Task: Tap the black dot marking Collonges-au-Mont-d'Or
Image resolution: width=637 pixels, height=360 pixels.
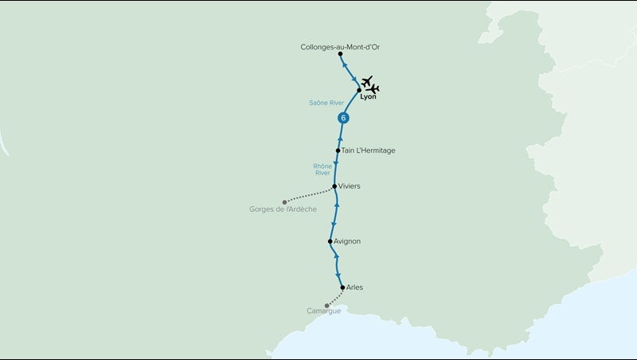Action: click(x=340, y=54)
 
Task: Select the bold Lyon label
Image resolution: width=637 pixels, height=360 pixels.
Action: click(x=367, y=97)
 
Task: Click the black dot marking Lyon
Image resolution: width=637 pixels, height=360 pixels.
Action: click(x=359, y=89)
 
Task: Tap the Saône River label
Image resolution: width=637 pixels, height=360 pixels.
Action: click(x=326, y=103)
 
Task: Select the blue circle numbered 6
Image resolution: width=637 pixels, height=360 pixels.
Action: click(x=343, y=118)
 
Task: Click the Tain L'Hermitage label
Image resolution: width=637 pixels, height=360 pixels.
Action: click(x=368, y=151)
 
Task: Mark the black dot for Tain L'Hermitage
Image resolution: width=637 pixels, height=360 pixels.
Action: click(x=338, y=151)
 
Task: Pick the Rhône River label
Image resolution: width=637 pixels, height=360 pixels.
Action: click(x=322, y=169)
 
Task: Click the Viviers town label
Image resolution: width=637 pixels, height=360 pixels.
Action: click(x=350, y=186)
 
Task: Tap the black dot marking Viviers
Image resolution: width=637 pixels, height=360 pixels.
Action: click(x=334, y=186)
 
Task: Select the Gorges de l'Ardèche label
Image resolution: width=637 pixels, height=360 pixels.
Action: click(x=283, y=209)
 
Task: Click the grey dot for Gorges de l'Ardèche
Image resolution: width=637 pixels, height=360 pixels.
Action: click(x=284, y=202)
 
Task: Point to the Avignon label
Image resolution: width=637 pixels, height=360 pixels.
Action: click(x=347, y=241)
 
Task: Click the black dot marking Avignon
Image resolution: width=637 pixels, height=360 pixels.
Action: click(x=330, y=241)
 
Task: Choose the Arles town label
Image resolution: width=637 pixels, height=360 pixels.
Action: click(x=355, y=287)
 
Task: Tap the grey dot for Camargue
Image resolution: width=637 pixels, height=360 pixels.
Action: click(x=326, y=305)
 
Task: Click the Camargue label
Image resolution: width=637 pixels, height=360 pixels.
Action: click(x=323, y=311)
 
